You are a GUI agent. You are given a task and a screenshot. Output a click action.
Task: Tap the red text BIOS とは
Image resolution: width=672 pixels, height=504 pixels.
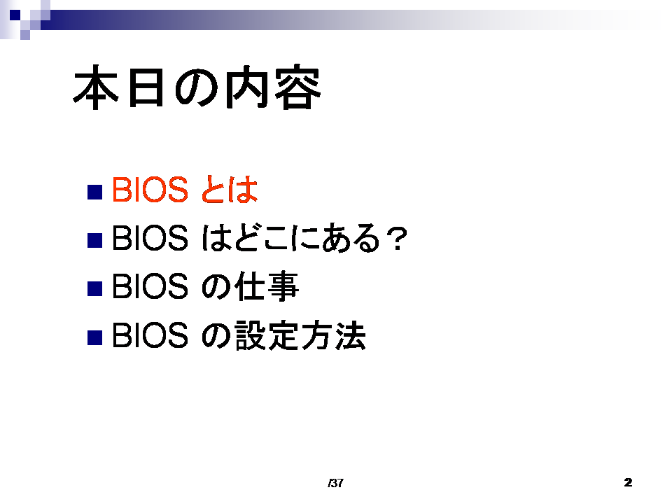coord(185,190)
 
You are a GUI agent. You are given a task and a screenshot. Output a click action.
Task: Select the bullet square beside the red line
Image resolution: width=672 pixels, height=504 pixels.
coord(94,192)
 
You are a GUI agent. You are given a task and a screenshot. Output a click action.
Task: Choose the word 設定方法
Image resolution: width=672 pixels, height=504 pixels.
coord(300,335)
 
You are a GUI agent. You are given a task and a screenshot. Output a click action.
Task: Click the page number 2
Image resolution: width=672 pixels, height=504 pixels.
coord(628,482)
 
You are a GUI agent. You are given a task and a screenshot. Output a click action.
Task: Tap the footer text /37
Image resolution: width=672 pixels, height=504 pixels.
coord(335,483)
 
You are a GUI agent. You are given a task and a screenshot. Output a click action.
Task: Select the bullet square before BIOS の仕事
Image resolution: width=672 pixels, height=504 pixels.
coord(94,289)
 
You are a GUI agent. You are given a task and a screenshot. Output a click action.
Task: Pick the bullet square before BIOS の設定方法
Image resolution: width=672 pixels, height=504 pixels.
coord(94,337)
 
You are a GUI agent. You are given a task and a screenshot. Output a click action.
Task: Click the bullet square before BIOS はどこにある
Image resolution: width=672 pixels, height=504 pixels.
coord(94,240)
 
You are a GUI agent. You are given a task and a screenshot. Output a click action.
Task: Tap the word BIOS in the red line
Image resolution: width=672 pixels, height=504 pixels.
coord(150,190)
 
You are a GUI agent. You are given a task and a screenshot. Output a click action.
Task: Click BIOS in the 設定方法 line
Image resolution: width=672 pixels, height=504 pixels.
coord(150,335)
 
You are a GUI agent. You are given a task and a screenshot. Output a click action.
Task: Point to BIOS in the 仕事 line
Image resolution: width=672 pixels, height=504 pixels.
coord(150,286)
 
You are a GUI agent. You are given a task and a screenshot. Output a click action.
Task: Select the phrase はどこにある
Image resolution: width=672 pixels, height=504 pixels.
coord(290,238)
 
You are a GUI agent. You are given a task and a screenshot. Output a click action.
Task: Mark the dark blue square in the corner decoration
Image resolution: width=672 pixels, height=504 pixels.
coord(15,15)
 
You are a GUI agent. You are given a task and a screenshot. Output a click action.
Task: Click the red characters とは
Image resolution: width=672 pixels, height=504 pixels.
coord(228,190)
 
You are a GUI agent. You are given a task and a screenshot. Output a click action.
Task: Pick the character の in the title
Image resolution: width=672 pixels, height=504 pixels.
coord(197,88)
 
